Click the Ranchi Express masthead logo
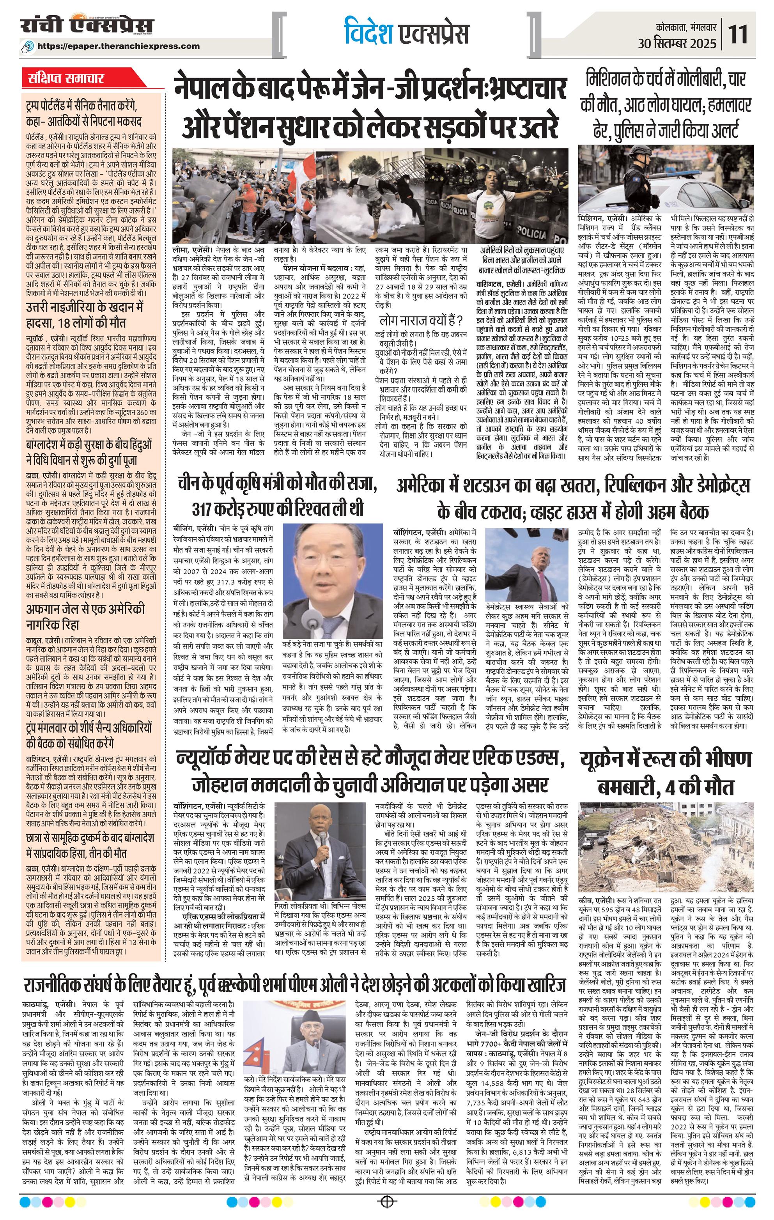point(87,27)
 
